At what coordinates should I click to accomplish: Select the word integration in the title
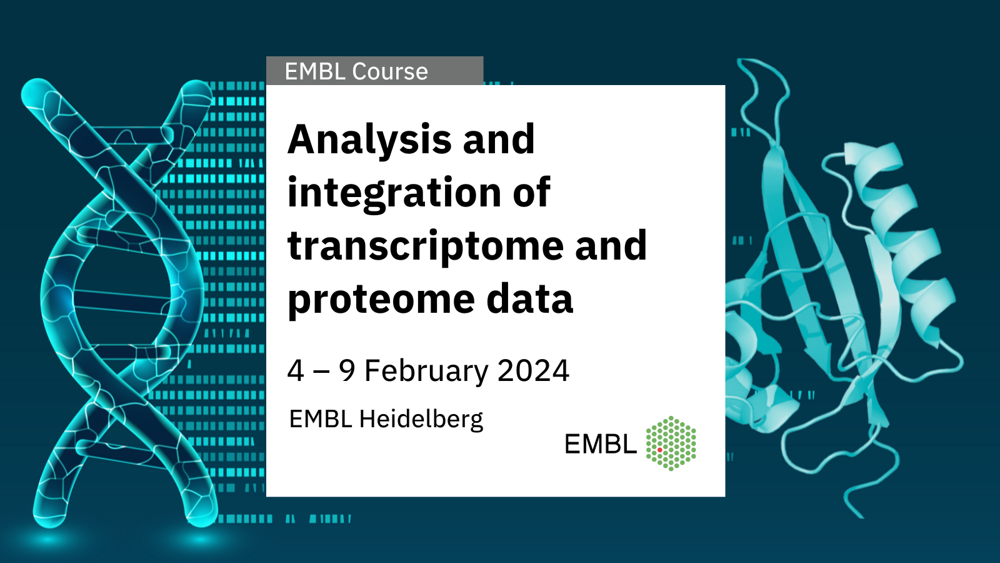click(394, 193)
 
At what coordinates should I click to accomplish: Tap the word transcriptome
click(426, 246)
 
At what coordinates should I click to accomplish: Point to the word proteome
click(381, 300)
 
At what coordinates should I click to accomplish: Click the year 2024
click(534, 370)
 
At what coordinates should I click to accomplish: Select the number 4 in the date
click(296, 370)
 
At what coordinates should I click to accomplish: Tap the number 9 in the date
click(347, 370)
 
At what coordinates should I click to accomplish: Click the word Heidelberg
click(421, 419)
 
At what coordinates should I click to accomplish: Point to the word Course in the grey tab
click(390, 71)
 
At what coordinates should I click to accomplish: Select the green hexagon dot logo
click(671, 444)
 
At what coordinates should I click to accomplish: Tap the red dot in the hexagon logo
click(660, 450)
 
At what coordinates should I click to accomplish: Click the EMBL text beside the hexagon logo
click(601, 444)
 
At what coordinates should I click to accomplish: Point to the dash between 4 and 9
click(321, 372)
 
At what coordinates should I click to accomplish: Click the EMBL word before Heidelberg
click(321, 418)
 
